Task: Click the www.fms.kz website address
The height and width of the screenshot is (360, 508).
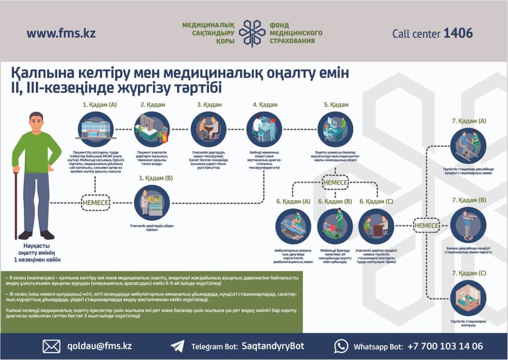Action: click(61, 34)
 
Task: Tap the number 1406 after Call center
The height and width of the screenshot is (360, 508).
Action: click(458, 34)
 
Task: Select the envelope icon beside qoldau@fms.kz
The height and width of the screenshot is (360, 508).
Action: click(52, 346)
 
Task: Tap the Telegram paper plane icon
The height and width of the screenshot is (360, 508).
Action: click(177, 346)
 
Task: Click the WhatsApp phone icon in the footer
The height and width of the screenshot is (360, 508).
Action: click(341, 346)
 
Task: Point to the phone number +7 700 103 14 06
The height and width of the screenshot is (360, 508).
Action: click(444, 346)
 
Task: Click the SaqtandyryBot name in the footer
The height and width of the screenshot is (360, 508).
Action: click(272, 346)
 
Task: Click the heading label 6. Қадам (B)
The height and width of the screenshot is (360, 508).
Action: click(335, 202)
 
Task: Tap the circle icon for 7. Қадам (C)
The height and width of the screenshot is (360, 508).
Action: click(468, 298)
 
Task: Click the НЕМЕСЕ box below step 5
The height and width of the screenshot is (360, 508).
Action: click(335, 182)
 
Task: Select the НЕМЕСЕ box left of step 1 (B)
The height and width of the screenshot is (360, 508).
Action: click(95, 203)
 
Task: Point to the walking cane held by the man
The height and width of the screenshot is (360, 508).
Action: click(16, 204)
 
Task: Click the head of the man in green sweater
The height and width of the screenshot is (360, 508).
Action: click(36, 122)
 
